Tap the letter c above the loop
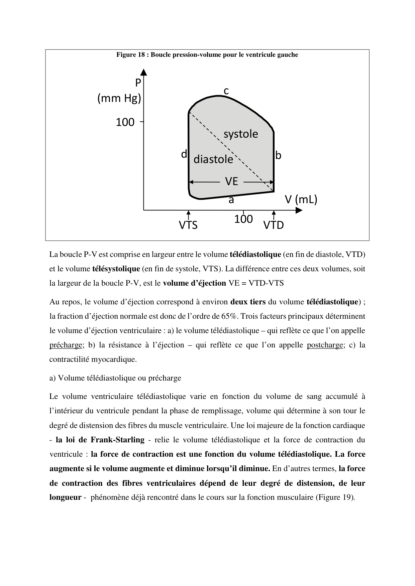tap(226, 91)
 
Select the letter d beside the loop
tap(184, 154)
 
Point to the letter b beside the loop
tap(278, 156)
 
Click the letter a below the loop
tap(231, 200)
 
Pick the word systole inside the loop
tap(241, 134)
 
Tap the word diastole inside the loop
tap(213, 159)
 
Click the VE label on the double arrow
tap(231, 181)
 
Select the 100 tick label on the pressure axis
tap(125, 123)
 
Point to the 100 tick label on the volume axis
tap(243, 219)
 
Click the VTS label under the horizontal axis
tap(188, 226)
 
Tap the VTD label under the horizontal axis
tap(274, 226)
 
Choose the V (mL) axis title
tap(301, 199)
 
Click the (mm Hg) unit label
tap(119, 99)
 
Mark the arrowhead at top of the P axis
tap(144, 71)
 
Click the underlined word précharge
tap(66, 345)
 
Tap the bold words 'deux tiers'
tap(248, 302)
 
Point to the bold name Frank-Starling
tap(117, 440)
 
